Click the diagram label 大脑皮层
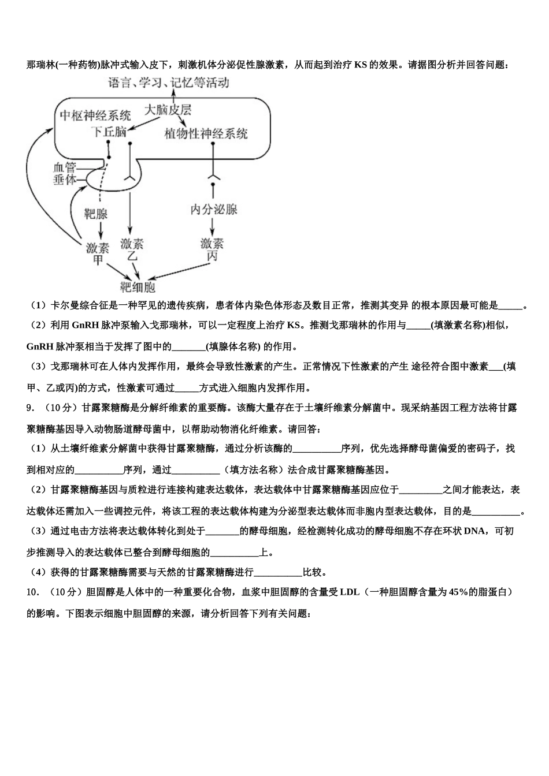click(168, 110)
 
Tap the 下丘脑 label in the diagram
click(109, 132)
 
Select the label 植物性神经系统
click(206, 133)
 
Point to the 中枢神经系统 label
click(95, 115)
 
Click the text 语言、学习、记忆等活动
click(169, 83)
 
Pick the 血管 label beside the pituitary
click(65, 167)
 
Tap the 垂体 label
click(65, 180)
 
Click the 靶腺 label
click(96, 214)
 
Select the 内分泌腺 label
click(214, 208)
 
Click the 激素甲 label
click(98, 253)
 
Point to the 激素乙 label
click(132, 249)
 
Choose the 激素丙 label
click(212, 249)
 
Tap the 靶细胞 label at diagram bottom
click(138, 286)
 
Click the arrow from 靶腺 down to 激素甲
click(101, 231)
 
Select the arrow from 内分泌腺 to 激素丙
click(213, 226)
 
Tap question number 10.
click(33, 592)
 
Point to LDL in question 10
click(350, 592)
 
